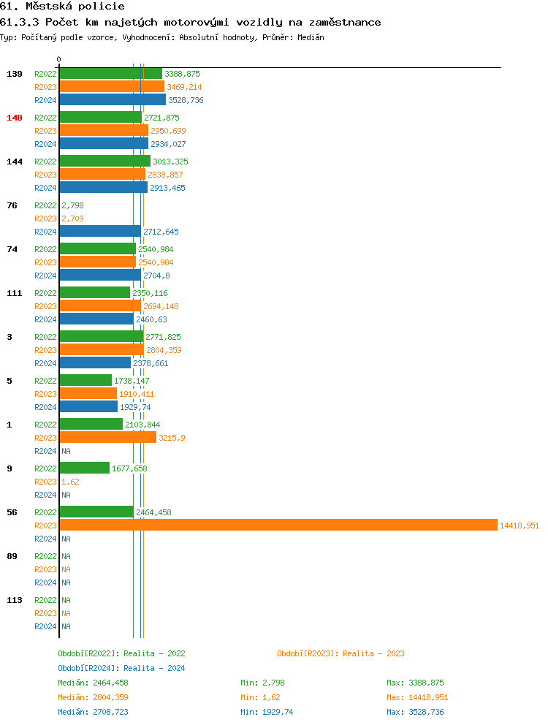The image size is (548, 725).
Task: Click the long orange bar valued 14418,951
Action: [x=278, y=525]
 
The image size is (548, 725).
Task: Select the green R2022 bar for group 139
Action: [x=110, y=74]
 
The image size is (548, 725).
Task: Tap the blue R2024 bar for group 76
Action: [x=100, y=232]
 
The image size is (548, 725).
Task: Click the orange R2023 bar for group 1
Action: [x=107, y=437]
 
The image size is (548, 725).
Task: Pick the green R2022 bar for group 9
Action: [x=84, y=468]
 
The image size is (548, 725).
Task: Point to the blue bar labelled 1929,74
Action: [x=88, y=407]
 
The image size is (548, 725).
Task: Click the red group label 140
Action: [x=15, y=118]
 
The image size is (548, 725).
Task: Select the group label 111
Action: [x=15, y=293]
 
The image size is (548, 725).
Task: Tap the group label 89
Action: [x=12, y=556]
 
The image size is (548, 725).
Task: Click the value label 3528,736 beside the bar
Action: [x=186, y=100]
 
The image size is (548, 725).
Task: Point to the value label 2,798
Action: [x=72, y=205]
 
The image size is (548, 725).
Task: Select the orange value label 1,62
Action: [x=70, y=482]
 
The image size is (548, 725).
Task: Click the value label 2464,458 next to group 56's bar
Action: [x=153, y=512]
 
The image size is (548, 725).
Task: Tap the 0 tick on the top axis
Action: [x=59, y=59]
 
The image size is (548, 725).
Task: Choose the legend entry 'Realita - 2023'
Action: [x=340, y=653]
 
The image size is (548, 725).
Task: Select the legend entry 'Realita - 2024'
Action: [x=121, y=668]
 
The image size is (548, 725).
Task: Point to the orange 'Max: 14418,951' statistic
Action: [x=417, y=697]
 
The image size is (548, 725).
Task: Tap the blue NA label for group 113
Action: [x=66, y=626]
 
